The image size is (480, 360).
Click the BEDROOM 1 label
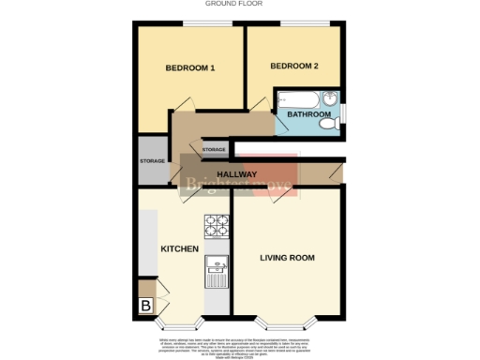tap(190, 67)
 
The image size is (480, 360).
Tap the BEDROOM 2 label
tap(294, 66)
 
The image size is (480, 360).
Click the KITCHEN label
tap(179, 249)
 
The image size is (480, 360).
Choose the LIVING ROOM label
tap(287, 257)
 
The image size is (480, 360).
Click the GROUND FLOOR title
tap(240, 4)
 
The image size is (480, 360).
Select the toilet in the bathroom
tap(328, 123)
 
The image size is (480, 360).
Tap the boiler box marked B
tap(145, 305)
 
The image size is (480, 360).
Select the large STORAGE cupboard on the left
tap(152, 160)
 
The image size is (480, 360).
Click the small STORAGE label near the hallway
tap(214, 149)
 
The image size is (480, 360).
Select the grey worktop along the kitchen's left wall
tap(146, 242)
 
